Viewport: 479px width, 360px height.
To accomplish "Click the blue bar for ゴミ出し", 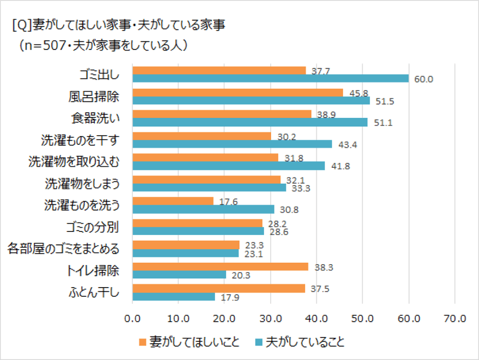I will click(270, 79).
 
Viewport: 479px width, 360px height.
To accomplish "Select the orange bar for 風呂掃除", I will click(237, 92).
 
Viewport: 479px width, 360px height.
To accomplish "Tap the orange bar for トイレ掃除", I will click(220, 267).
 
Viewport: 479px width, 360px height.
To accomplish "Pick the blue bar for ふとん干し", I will click(173, 297).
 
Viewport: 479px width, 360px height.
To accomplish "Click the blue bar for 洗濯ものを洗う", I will click(203, 210).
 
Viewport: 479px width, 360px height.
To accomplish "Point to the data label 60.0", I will click(423, 79).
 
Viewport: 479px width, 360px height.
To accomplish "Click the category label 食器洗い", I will click(95, 118).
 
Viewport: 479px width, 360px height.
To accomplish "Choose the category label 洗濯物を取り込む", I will click(74, 162).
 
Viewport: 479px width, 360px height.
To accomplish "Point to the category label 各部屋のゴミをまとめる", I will click(64, 249).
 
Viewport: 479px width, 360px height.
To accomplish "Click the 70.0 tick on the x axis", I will click(455, 319).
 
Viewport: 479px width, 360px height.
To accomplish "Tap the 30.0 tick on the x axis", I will click(271, 319).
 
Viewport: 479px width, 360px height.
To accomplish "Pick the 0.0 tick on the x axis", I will click(132, 319).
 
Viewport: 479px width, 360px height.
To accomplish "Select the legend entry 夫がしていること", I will click(299, 342).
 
